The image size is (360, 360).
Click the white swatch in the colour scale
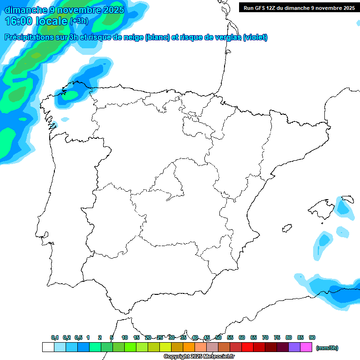pyautogui.click(x=48, y=347)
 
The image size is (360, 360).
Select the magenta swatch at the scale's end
pyautogui.click(x=306, y=347)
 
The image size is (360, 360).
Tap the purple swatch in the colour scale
pyautogui.click(x=294, y=347)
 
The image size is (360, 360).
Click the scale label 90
pyautogui.click(x=312, y=337)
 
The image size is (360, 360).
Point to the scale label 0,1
pyautogui.click(x=55, y=337)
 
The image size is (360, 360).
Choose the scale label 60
pyautogui.click(x=242, y=337)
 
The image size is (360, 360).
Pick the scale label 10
pyautogui.click(x=125, y=337)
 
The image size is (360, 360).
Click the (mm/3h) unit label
pyautogui.click(x=327, y=348)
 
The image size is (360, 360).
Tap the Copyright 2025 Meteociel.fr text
pyautogui.click(x=199, y=356)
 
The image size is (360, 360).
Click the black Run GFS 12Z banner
pyautogui.click(x=299, y=7)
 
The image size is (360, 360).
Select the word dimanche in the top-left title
pyautogui.click(x=26, y=10)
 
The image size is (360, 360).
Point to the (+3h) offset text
pyautogui.click(x=79, y=21)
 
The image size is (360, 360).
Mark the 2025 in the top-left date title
pyautogui.click(x=113, y=10)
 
